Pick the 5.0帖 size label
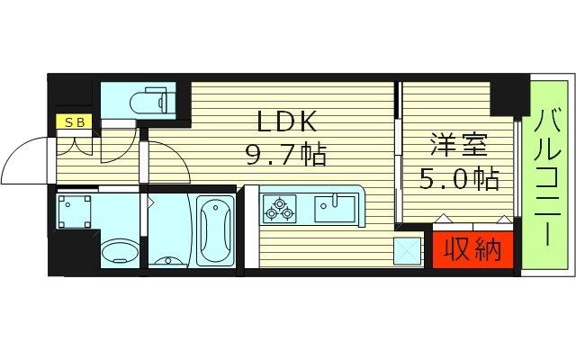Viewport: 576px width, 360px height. pos(459,178)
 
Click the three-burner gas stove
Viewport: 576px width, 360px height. pos(278,209)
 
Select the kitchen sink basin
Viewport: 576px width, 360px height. pos(335,209)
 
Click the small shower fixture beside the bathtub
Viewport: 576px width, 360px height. pos(166,260)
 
